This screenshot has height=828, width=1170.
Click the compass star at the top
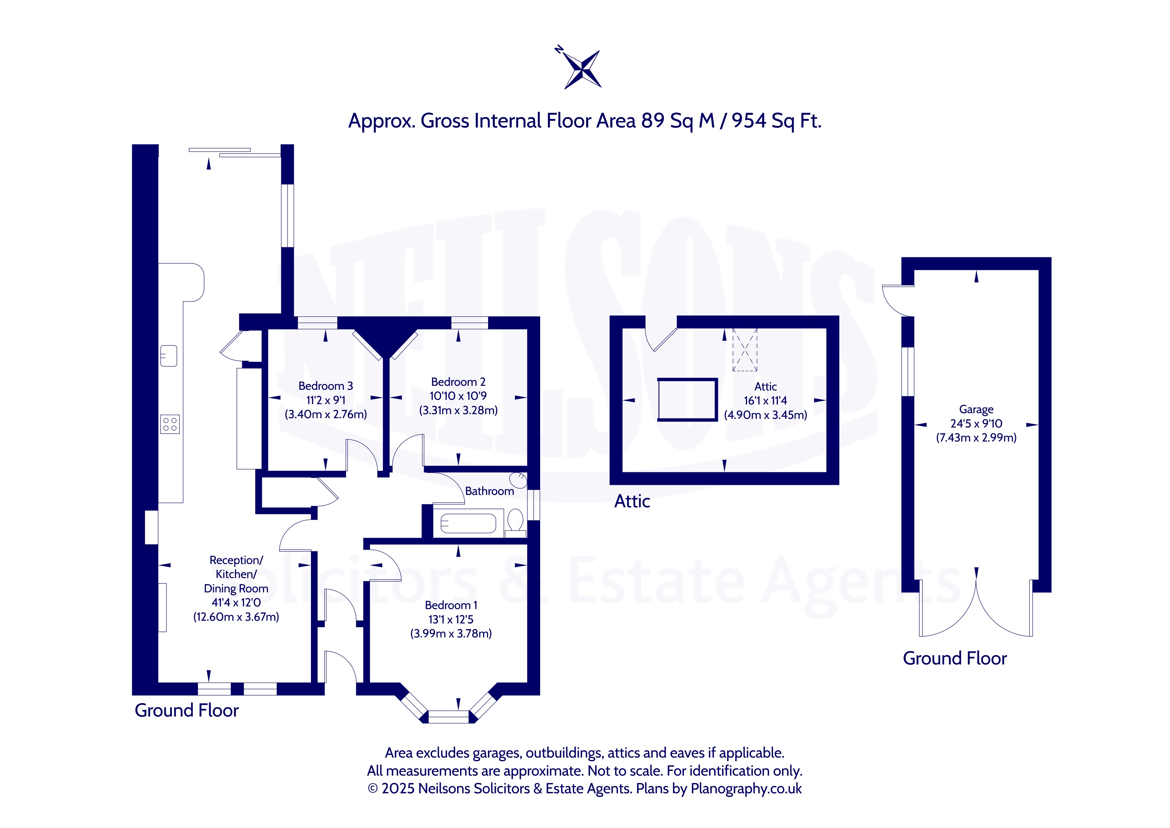click(583, 69)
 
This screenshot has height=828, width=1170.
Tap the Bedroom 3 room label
click(326, 386)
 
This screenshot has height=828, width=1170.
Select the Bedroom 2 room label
click(458, 382)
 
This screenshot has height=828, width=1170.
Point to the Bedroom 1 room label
click(451, 605)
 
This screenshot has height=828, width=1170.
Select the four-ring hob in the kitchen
click(170, 424)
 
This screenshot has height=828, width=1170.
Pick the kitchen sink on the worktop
click(169, 355)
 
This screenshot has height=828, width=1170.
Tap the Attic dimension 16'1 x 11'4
click(765, 401)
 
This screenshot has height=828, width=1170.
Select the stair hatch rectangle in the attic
click(688, 400)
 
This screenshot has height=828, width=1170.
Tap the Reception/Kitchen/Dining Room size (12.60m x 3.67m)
click(236, 617)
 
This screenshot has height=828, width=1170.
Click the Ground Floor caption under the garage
click(954, 658)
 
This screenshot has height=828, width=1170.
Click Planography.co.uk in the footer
click(746, 789)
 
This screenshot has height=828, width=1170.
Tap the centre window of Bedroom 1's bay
click(448, 717)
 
